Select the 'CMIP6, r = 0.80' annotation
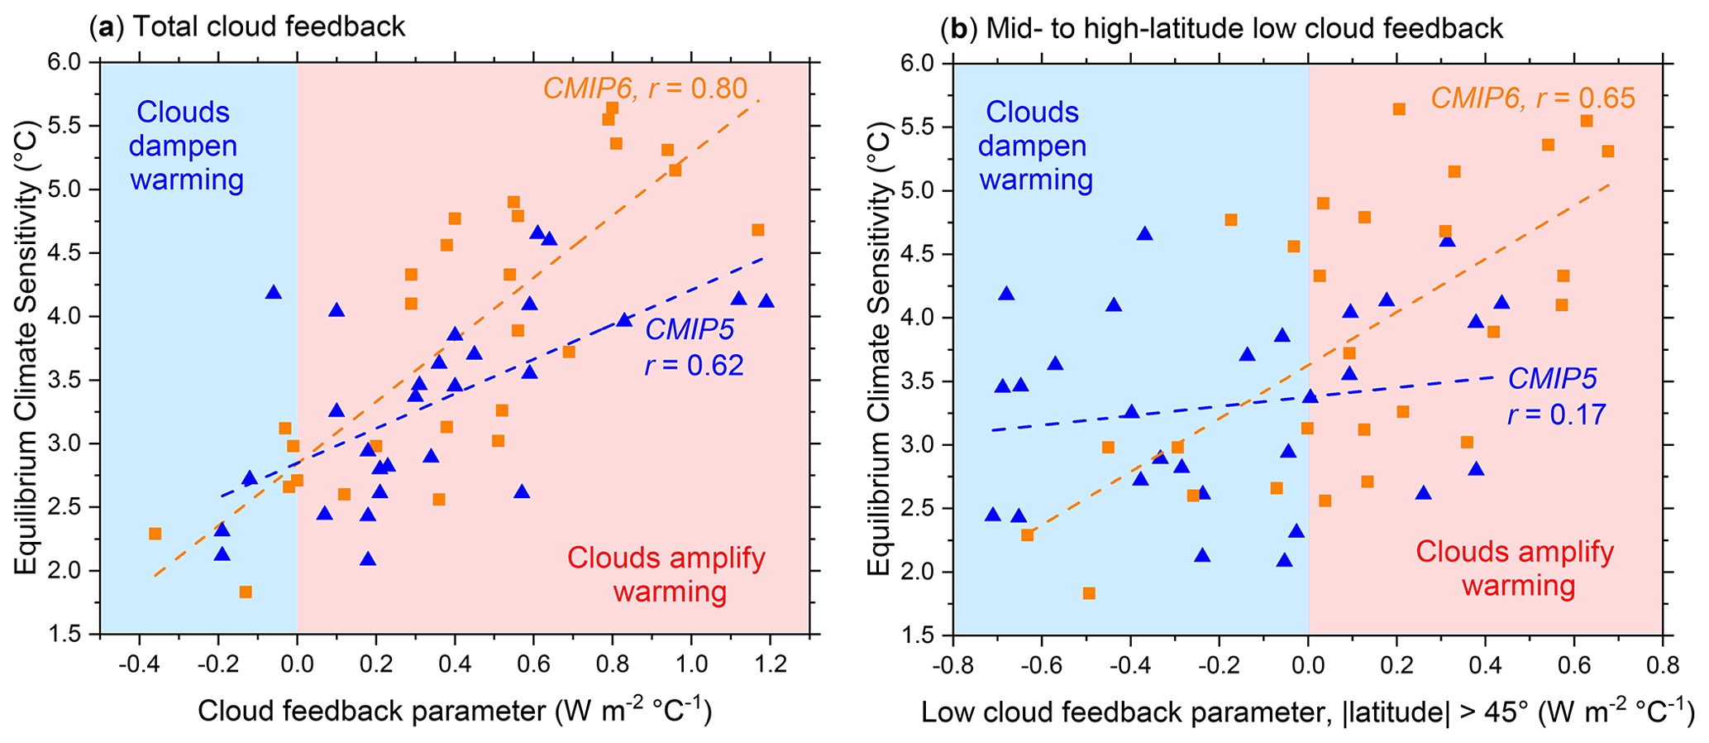(x=645, y=89)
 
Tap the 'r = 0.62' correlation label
(x=694, y=365)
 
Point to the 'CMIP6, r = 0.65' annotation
(x=1533, y=98)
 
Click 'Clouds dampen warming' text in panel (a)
(x=187, y=146)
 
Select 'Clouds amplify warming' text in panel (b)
(x=1515, y=568)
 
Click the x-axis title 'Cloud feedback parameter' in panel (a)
(x=454, y=711)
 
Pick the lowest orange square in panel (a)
(x=246, y=592)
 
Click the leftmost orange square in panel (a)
(x=155, y=534)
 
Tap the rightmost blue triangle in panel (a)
(x=766, y=301)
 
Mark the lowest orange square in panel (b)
(x=1089, y=593)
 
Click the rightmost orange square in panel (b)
(x=1607, y=151)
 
